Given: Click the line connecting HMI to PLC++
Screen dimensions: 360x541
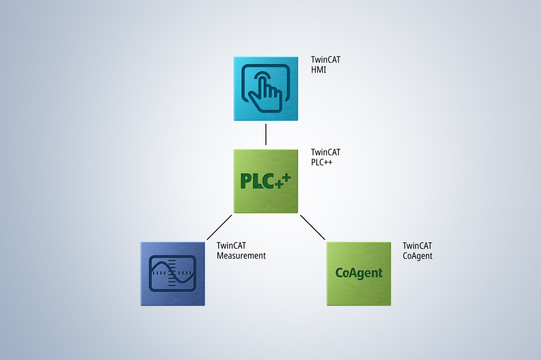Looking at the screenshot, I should point(265,135).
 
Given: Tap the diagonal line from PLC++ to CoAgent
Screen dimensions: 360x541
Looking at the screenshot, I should point(312,227).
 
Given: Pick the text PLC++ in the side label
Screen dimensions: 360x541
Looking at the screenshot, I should point(321,162).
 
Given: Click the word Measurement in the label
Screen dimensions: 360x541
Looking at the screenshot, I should point(241,256).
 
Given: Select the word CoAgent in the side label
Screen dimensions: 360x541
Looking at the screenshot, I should point(417,256).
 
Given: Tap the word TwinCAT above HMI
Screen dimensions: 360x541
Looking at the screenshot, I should point(326,60).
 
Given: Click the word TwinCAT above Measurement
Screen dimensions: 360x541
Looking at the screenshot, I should point(231,246).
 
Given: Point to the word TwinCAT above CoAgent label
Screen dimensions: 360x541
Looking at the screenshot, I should point(417,246).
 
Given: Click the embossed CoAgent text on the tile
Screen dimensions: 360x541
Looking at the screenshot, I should point(359,273).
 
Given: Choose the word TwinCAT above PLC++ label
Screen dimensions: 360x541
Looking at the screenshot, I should point(326,152).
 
